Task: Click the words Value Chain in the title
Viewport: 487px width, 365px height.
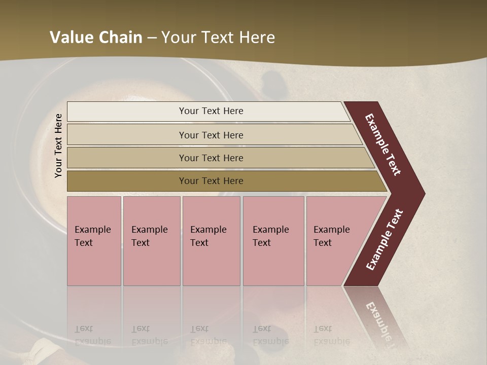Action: (x=96, y=38)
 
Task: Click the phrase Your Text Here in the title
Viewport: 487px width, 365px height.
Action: (x=218, y=38)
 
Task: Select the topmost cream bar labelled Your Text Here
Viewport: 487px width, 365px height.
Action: (x=211, y=111)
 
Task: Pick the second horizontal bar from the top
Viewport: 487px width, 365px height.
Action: (x=211, y=135)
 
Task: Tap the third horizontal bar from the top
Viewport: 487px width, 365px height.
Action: (x=211, y=158)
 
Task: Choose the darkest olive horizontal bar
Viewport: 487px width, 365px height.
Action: (x=211, y=181)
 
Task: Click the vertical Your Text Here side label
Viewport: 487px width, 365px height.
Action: (x=59, y=145)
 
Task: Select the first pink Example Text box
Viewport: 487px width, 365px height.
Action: (x=94, y=240)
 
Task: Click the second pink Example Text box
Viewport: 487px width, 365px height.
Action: (x=151, y=240)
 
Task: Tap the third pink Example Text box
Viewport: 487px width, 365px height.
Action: (x=211, y=240)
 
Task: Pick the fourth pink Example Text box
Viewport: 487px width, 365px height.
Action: (x=273, y=240)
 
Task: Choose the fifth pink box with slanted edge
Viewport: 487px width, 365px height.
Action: (x=335, y=240)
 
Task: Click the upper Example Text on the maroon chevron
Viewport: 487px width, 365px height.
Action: (x=383, y=145)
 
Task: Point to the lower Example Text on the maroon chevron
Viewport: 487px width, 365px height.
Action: (x=385, y=239)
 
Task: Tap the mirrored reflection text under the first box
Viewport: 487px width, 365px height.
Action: (x=92, y=335)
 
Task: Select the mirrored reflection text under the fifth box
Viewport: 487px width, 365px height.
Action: (x=331, y=335)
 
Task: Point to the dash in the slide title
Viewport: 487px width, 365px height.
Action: (x=152, y=38)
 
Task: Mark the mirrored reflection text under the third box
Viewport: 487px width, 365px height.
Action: (x=208, y=335)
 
